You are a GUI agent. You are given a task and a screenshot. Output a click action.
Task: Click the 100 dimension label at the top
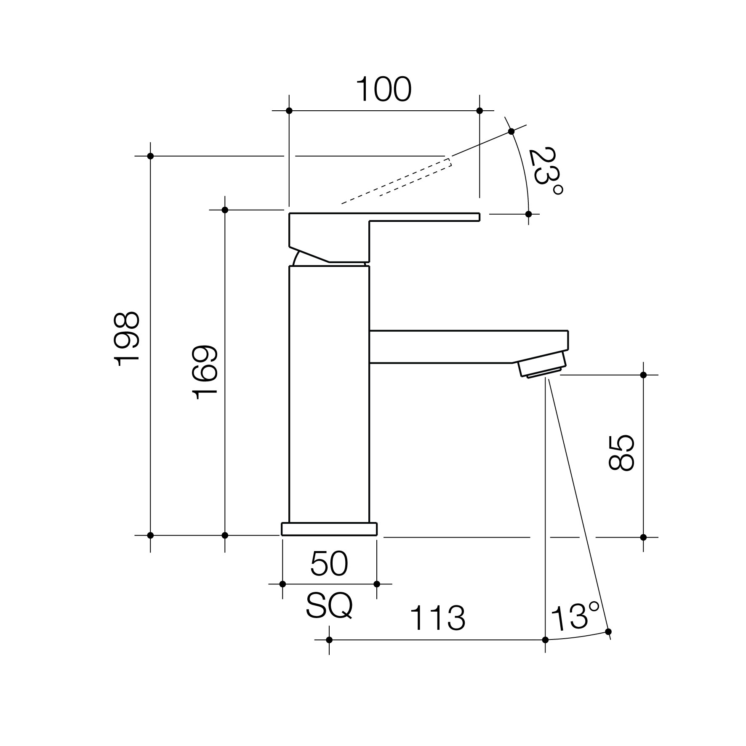coord(384,89)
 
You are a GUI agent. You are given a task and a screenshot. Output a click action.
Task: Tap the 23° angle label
coord(546,171)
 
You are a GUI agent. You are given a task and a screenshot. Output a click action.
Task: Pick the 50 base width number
coord(329,564)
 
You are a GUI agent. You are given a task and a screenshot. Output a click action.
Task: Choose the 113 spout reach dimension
coord(437,618)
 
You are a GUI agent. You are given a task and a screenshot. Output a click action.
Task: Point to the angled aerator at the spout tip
coord(542,364)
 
